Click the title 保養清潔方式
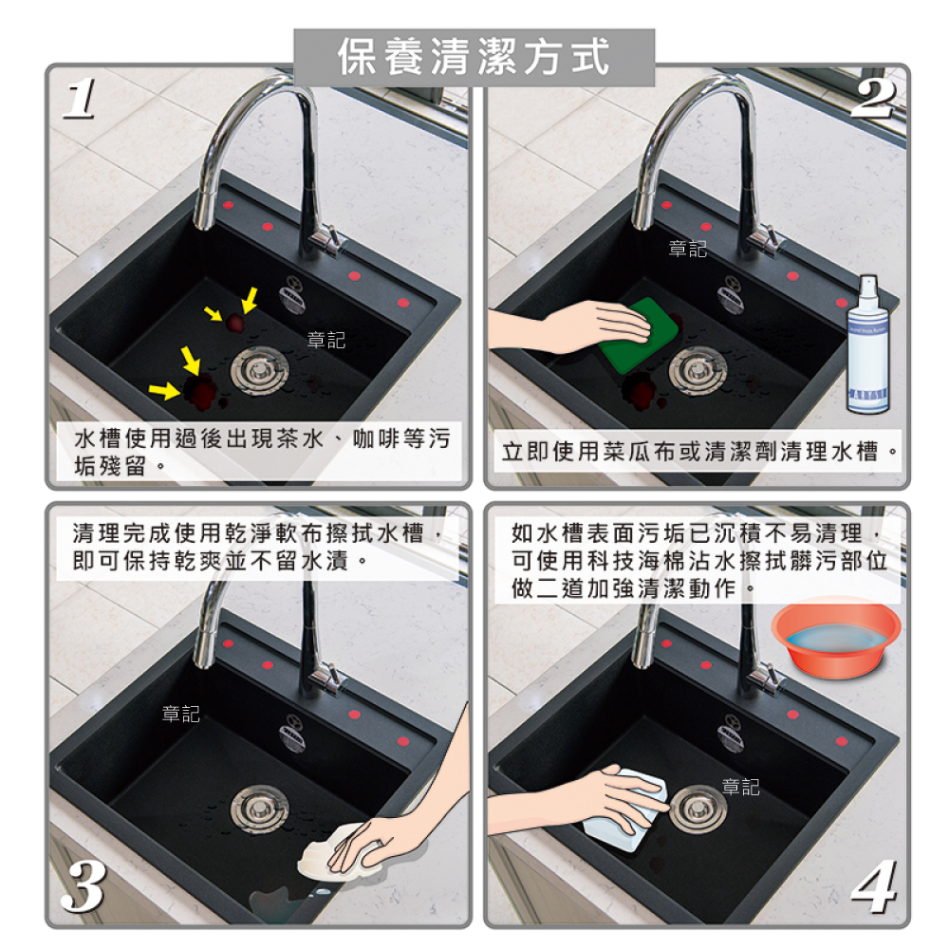pyautogui.click(x=474, y=58)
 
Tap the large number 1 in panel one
pyautogui.click(x=80, y=99)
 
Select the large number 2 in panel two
pyautogui.click(x=873, y=99)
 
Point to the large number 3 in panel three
pyautogui.click(x=84, y=886)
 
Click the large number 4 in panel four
pyautogui.click(x=874, y=886)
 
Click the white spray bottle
pyautogui.click(x=868, y=345)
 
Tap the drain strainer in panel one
pyautogui.click(x=260, y=370)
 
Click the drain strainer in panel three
pyautogui.click(x=260, y=809)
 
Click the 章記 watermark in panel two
pyautogui.click(x=687, y=249)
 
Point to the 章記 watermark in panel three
pyautogui.click(x=181, y=714)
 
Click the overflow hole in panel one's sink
pyautogui.click(x=292, y=295)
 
